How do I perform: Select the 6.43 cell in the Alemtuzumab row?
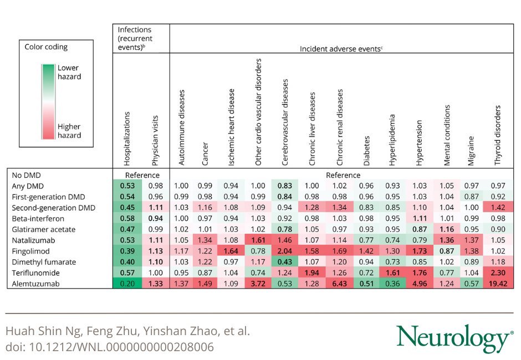click(x=340, y=284)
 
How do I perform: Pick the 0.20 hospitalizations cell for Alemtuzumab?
click(x=128, y=284)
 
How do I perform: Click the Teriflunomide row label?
click(x=35, y=273)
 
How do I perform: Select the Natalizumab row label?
click(x=33, y=240)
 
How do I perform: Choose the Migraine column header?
click(x=471, y=150)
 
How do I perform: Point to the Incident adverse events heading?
click(x=341, y=49)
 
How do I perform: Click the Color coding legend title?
click(x=46, y=47)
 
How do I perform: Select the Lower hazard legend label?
click(x=69, y=73)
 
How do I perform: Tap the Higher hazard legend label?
click(x=69, y=131)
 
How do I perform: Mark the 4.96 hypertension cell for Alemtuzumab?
click(x=419, y=284)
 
